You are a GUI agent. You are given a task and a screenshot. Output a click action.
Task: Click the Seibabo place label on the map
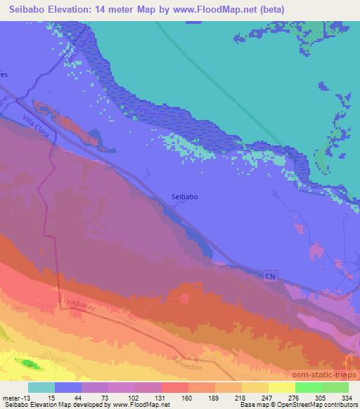click(x=185, y=197)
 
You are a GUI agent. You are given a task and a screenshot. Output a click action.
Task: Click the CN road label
click(x=270, y=276)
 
